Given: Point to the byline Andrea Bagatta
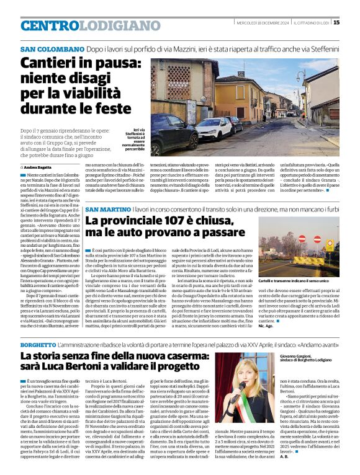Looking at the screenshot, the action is [38, 167].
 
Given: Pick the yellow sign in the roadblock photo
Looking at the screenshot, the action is [330, 246].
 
